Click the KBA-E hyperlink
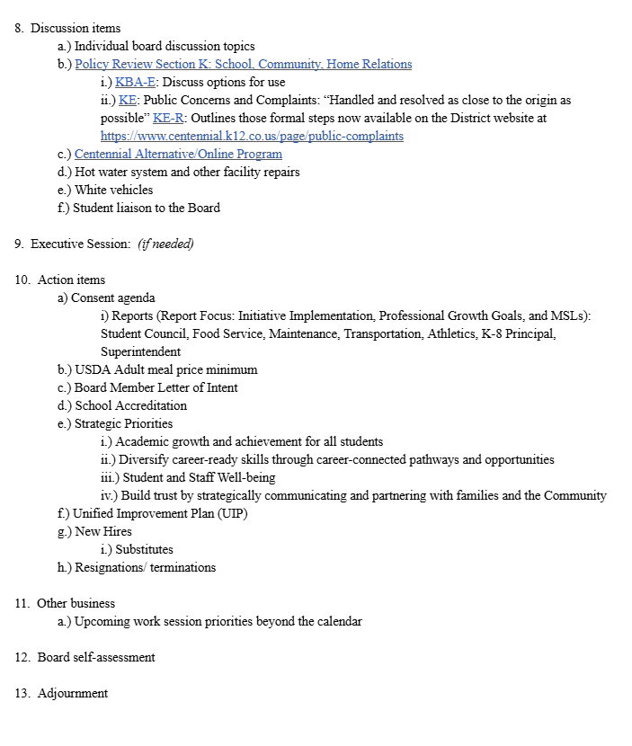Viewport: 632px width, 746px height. tap(135, 83)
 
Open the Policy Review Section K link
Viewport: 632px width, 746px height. tap(243, 65)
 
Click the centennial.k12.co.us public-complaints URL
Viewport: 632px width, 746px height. tap(252, 137)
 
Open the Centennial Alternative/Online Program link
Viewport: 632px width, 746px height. tap(178, 155)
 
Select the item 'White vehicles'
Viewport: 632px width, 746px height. tap(113, 191)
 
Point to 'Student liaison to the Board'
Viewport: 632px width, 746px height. tap(147, 209)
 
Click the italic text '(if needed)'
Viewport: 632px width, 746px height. tap(165, 244)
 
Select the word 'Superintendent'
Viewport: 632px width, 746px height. tap(140, 352)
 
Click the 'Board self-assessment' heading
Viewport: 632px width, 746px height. tap(95, 658)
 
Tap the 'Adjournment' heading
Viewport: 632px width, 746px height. tap(72, 694)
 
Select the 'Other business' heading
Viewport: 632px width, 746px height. tap(76, 604)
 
